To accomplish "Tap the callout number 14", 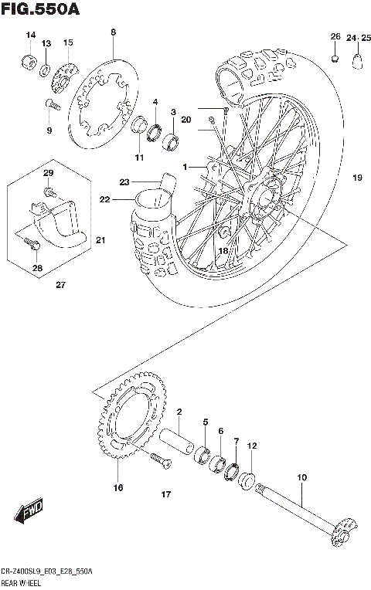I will [x=31, y=36].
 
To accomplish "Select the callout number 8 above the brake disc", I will [x=113, y=32].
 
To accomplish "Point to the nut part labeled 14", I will [x=28, y=62].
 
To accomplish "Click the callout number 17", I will [x=165, y=494].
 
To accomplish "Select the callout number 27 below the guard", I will [x=60, y=286].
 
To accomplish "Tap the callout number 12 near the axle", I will [x=251, y=446].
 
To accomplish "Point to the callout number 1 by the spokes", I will [x=185, y=167].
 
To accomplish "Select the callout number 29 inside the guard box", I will [x=47, y=172].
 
